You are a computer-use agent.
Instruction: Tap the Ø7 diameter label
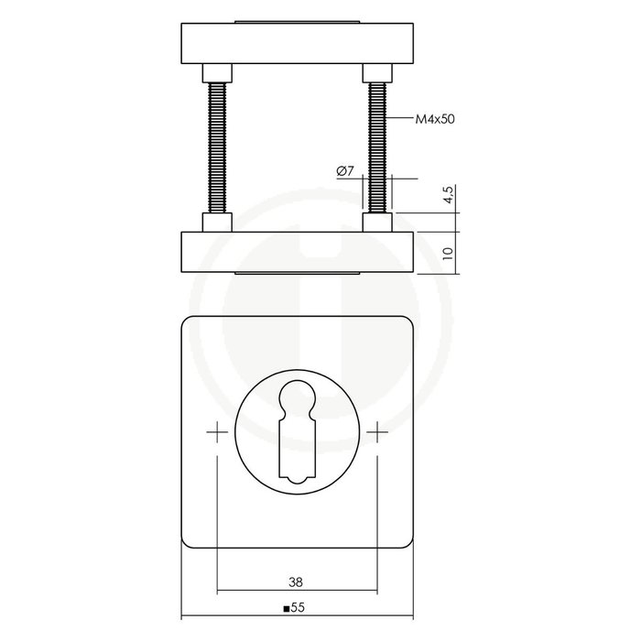[345, 171]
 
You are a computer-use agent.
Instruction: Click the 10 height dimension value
[448, 253]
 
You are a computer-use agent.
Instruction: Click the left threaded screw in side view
[218, 147]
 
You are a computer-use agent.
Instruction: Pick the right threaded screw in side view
[378, 147]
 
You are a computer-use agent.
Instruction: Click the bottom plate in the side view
[297, 252]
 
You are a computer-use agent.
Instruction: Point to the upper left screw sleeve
[218, 71]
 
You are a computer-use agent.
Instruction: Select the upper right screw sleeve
[378, 71]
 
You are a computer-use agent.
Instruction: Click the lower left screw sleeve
[218, 223]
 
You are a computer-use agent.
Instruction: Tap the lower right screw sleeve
[378, 223]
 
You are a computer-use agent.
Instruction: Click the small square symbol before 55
[287, 607]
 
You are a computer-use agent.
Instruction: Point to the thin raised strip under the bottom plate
[297, 274]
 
